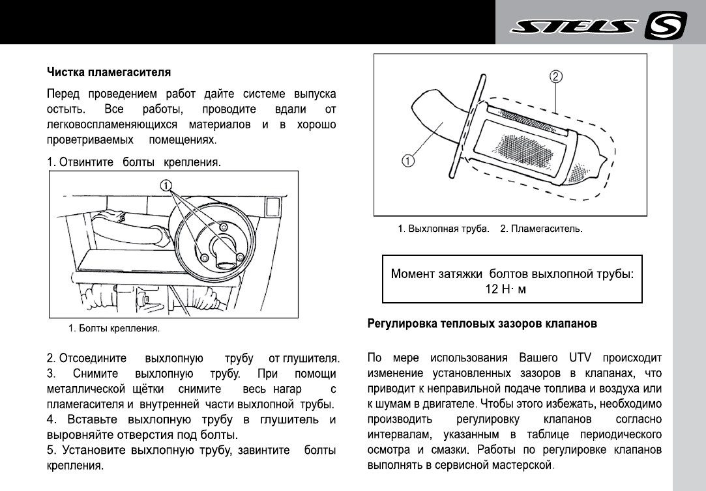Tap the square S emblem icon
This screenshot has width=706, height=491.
[x=666, y=27]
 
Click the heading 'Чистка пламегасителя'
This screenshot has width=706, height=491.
[x=109, y=70]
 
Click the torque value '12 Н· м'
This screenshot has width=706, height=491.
[x=505, y=289]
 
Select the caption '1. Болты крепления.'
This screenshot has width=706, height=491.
[x=114, y=328]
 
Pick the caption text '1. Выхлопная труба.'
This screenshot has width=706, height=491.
[x=443, y=229]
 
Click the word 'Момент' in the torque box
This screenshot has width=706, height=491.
[x=414, y=274]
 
